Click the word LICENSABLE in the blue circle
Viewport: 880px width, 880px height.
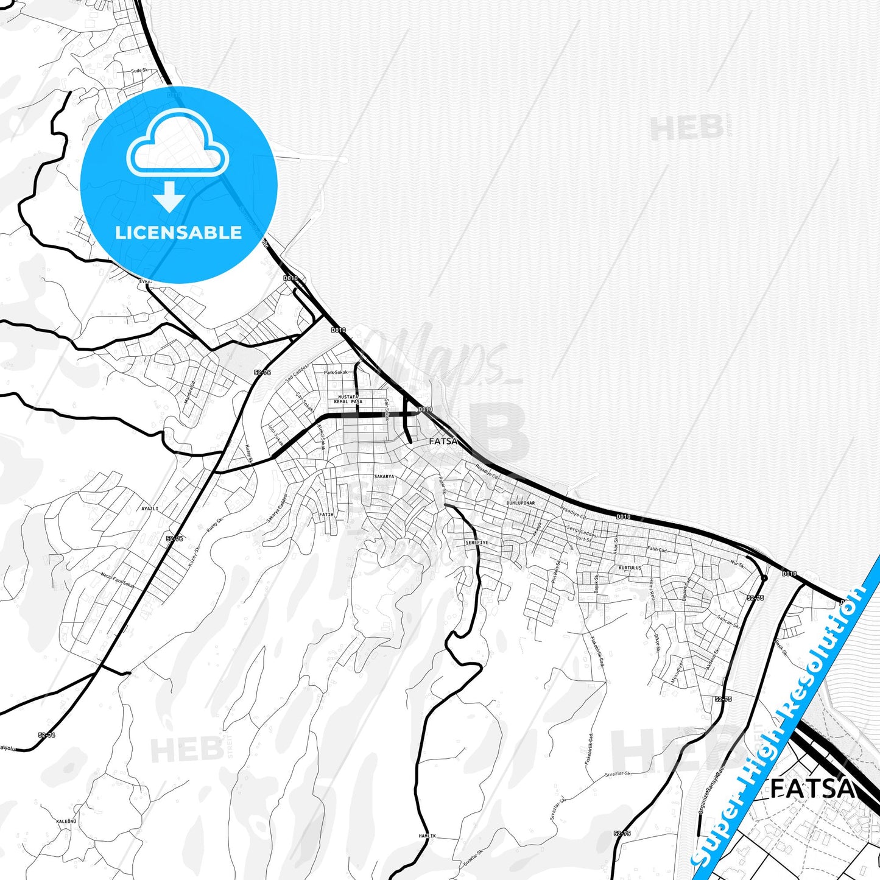(x=178, y=233)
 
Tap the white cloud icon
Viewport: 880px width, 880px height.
(x=178, y=146)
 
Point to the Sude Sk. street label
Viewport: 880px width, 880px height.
(x=139, y=71)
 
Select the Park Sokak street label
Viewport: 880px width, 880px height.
(x=336, y=372)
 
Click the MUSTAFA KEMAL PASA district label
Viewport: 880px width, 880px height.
(x=348, y=400)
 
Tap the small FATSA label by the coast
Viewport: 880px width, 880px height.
(x=443, y=441)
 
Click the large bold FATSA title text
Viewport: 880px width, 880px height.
(x=812, y=789)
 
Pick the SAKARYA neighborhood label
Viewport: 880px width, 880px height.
(x=384, y=476)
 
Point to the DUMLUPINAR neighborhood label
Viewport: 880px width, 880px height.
(x=521, y=503)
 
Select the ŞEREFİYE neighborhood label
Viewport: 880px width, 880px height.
(x=476, y=542)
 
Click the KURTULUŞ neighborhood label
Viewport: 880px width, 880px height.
(x=630, y=568)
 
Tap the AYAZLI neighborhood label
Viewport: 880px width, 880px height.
(x=150, y=508)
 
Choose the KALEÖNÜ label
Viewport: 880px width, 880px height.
(x=66, y=822)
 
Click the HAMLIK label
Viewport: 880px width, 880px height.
(x=427, y=836)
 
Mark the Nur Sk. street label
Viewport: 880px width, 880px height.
(x=737, y=564)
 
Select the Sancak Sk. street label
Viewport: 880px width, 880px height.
(x=728, y=621)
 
